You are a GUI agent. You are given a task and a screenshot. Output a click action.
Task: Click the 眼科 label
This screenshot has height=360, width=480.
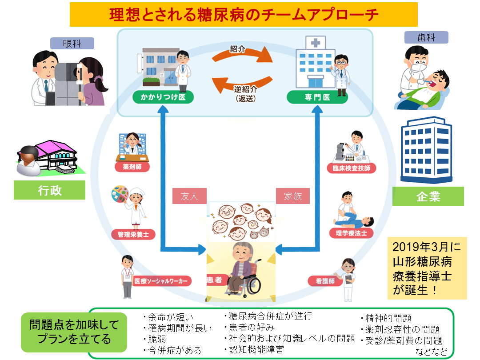pos(72,43)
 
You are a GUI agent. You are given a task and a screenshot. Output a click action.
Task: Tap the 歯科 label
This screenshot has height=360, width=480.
pos(426,37)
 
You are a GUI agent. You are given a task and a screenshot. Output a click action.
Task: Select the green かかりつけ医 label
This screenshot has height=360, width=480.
pos(163,97)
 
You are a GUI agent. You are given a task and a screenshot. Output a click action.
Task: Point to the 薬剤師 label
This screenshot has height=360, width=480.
pos(132,167)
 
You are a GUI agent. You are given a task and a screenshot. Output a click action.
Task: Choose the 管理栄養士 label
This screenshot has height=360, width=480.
pos(133,234)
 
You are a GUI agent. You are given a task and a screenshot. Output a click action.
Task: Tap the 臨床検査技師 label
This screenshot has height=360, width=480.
pos(351,168)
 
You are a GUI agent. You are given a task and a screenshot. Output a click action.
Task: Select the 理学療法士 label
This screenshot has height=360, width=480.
pos(351,232)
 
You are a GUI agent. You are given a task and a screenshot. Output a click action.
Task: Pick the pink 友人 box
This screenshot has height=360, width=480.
pos(189,196)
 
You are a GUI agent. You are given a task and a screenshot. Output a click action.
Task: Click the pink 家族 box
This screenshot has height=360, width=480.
pos(293,196)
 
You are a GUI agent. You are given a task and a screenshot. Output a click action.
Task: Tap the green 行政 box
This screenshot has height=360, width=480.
pos(49,190)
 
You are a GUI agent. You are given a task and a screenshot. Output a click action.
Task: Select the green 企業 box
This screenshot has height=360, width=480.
pos(428,196)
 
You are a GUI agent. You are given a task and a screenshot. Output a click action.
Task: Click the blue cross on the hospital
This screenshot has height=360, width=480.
pos(316,43)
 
